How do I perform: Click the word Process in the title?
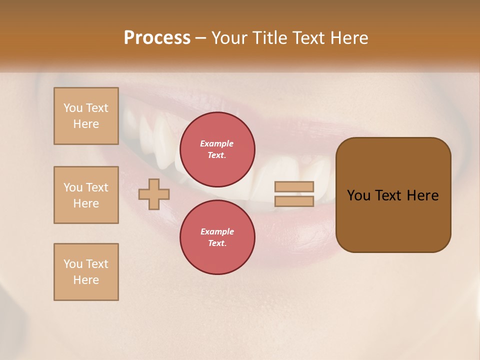[157, 38]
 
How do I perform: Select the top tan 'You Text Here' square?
[86, 116]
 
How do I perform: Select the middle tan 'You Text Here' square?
[86, 195]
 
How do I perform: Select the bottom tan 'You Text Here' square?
[86, 272]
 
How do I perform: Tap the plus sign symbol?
[154, 194]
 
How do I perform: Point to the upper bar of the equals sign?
[294, 186]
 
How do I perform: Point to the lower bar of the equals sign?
[294, 201]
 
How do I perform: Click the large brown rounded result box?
[393, 220]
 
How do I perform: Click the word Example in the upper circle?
[217, 143]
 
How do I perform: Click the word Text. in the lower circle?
[217, 243]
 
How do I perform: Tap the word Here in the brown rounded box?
[422, 195]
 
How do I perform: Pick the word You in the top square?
[73, 108]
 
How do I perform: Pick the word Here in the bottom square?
[86, 280]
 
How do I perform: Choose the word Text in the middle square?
[97, 187]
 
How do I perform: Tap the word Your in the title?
[229, 38]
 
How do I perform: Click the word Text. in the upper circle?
[217, 155]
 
